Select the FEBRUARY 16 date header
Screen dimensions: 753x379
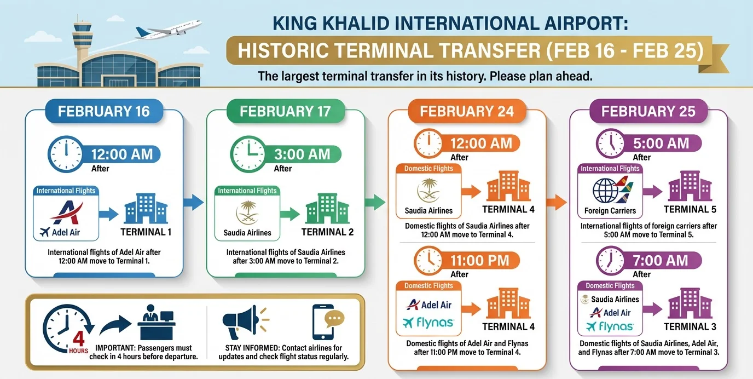click(x=104, y=111)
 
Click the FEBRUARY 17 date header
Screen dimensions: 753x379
click(x=286, y=111)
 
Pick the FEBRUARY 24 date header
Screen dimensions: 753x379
click(x=467, y=111)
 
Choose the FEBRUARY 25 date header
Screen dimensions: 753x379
click(x=648, y=111)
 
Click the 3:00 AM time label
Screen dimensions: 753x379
click(x=302, y=154)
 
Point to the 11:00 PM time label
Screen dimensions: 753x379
click(x=480, y=261)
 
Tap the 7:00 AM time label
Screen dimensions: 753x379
click(x=661, y=261)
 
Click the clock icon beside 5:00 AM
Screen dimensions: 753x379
click(x=611, y=143)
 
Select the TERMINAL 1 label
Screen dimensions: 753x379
click(x=146, y=232)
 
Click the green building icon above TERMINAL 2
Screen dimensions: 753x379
click(x=327, y=209)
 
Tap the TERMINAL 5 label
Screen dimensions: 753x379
click(x=690, y=210)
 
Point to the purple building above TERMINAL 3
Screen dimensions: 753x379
click(x=690, y=303)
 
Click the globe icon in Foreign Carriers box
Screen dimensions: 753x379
click(x=605, y=191)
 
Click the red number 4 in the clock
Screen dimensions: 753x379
click(x=78, y=339)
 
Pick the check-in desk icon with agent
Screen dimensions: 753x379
click(x=157, y=322)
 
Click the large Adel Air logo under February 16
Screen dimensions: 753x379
click(x=67, y=213)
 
